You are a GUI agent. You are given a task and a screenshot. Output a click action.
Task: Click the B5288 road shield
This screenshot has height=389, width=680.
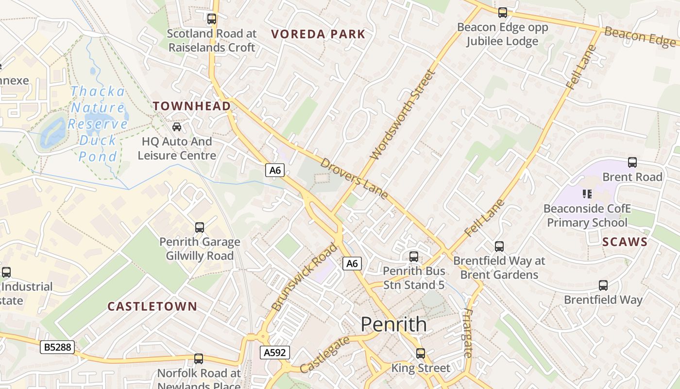coord(57,347)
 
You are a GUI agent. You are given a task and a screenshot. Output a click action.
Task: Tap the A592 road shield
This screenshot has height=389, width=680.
coord(274,353)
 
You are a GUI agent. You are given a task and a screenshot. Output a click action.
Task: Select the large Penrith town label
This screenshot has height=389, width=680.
coord(394,324)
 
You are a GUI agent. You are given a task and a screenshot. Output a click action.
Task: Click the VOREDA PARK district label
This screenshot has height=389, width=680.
coord(318,34)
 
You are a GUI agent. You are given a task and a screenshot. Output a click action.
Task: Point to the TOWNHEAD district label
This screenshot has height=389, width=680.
coord(192,106)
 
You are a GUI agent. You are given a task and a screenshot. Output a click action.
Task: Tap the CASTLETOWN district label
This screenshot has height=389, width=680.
coord(152,306)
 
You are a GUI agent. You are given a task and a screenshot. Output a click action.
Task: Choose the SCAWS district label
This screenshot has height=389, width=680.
coord(625,242)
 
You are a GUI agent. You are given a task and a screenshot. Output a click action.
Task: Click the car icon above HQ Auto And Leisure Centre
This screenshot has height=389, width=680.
coord(177,127)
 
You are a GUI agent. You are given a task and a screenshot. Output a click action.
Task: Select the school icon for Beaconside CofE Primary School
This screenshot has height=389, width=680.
coord(587,194)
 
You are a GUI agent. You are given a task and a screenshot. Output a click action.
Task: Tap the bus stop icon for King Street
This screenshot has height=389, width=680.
coord(421,354)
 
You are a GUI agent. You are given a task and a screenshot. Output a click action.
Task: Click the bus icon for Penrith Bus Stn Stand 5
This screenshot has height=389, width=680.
coord(414,256)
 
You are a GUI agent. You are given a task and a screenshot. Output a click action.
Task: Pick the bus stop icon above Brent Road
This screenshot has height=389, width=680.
coord(632,162)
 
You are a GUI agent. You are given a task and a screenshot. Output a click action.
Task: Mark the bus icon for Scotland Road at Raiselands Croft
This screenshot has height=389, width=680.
coord(211,19)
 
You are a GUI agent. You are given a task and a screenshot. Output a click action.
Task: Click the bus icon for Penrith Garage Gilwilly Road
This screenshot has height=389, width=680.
coord(199,227)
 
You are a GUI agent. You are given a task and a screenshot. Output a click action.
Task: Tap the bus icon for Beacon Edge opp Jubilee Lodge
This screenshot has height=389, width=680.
coord(502,13)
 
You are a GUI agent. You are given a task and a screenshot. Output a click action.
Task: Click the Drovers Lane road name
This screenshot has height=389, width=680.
coord(354,178)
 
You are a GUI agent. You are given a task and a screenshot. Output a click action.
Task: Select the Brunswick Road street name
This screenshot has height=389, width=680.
coord(305,277)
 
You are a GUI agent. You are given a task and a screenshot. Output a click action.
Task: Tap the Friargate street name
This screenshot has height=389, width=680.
coord(468,333)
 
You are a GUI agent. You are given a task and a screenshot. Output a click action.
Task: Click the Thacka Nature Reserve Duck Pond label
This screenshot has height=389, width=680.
coord(98,124)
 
